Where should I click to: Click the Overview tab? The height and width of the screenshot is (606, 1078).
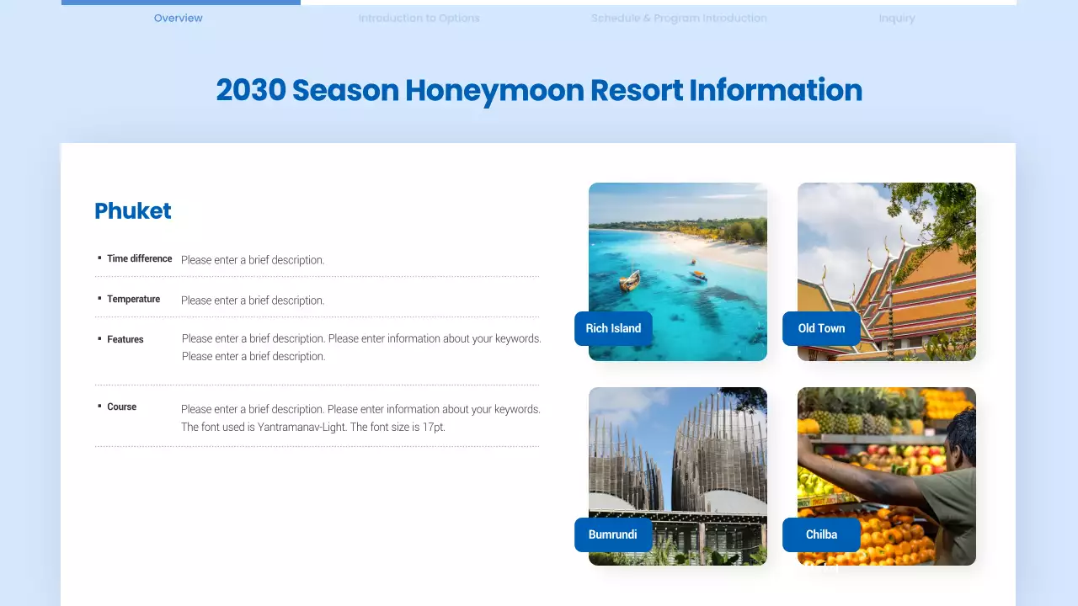click(178, 18)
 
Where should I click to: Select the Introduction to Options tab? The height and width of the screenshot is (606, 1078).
click(419, 18)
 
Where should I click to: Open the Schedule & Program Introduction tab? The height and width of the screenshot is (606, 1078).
click(679, 18)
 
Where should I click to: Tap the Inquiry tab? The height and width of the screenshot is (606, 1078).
click(896, 18)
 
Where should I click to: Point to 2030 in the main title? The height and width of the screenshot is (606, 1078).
click(250, 91)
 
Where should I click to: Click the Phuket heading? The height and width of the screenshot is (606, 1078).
click(133, 211)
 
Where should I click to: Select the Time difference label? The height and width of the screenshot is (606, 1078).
click(139, 259)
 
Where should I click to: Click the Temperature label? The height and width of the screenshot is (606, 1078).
click(133, 300)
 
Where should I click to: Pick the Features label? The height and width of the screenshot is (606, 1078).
click(125, 339)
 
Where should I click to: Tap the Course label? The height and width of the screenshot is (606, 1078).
click(121, 407)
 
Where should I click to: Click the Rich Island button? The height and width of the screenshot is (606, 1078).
click(613, 328)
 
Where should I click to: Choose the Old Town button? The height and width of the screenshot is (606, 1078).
click(821, 328)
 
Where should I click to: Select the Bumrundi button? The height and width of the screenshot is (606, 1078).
click(612, 534)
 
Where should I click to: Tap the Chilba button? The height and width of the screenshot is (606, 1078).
click(821, 534)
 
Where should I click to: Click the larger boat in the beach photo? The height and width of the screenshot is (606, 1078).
click(630, 280)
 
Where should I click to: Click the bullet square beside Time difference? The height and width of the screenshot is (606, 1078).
click(99, 258)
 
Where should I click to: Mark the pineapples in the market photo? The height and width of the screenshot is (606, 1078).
click(842, 417)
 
